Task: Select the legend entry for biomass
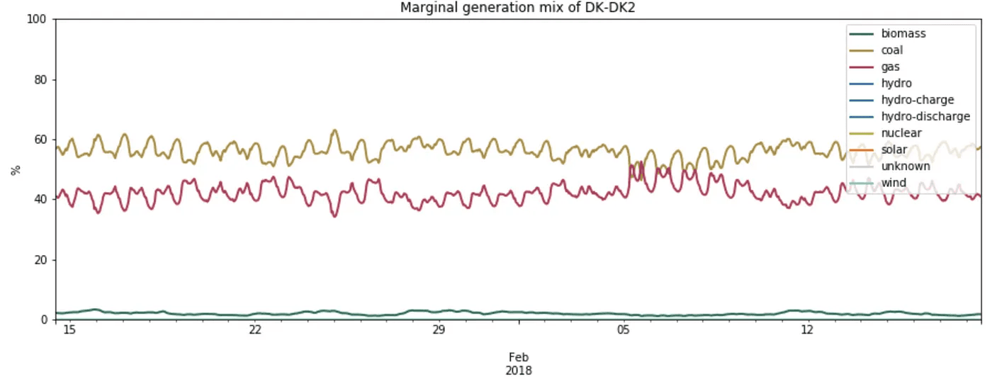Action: click(x=903, y=33)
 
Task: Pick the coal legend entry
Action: click(x=891, y=50)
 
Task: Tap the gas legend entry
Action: click(x=890, y=67)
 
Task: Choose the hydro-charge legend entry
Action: click(x=918, y=100)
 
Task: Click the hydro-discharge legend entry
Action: click(x=925, y=116)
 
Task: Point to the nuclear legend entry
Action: click(x=901, y=132)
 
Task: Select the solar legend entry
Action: click(x=894, y=149)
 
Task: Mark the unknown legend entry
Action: click(x=906, y=166)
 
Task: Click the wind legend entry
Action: click(x=893, y=183)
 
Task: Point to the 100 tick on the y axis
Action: click(x=36, y=19)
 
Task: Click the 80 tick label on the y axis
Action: click(x=40, y=79)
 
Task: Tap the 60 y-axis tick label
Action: click(x=40, y=140)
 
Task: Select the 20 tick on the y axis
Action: click(x=40, y=260)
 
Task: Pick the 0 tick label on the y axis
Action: click(x=43, y=320)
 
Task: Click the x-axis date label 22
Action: click(x=255, y=331)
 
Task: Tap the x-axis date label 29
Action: click(x=439, y=331)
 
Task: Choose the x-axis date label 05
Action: click(x=623, y=331)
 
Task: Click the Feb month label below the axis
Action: click(x=519, y=357)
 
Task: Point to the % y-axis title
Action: click(x=16, y=169)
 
